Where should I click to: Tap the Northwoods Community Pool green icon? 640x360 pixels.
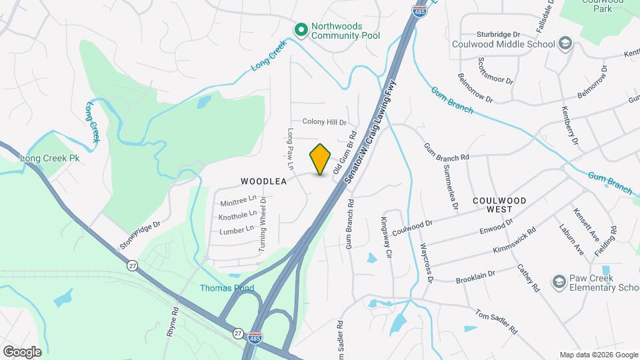(301, 29)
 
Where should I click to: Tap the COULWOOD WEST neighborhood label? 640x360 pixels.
(499, 205)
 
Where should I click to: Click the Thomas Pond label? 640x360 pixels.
(224, 288)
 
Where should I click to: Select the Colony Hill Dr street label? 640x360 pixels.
(325, 122)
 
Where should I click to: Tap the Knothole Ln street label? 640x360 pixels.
(237, 215)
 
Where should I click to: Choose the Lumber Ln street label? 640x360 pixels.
(237, 230)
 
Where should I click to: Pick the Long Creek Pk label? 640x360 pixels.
(50, 159)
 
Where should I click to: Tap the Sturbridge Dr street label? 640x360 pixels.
(498, 34)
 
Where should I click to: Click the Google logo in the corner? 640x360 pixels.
(22, 351)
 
